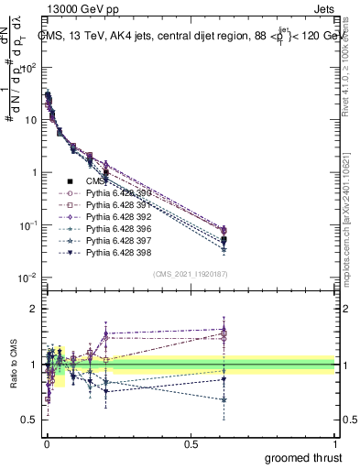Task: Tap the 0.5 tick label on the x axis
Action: point(191,442)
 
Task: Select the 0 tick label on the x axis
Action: point(47,442)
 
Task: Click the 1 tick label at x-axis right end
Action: point(335,442)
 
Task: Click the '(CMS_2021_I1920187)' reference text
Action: point(190,274)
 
